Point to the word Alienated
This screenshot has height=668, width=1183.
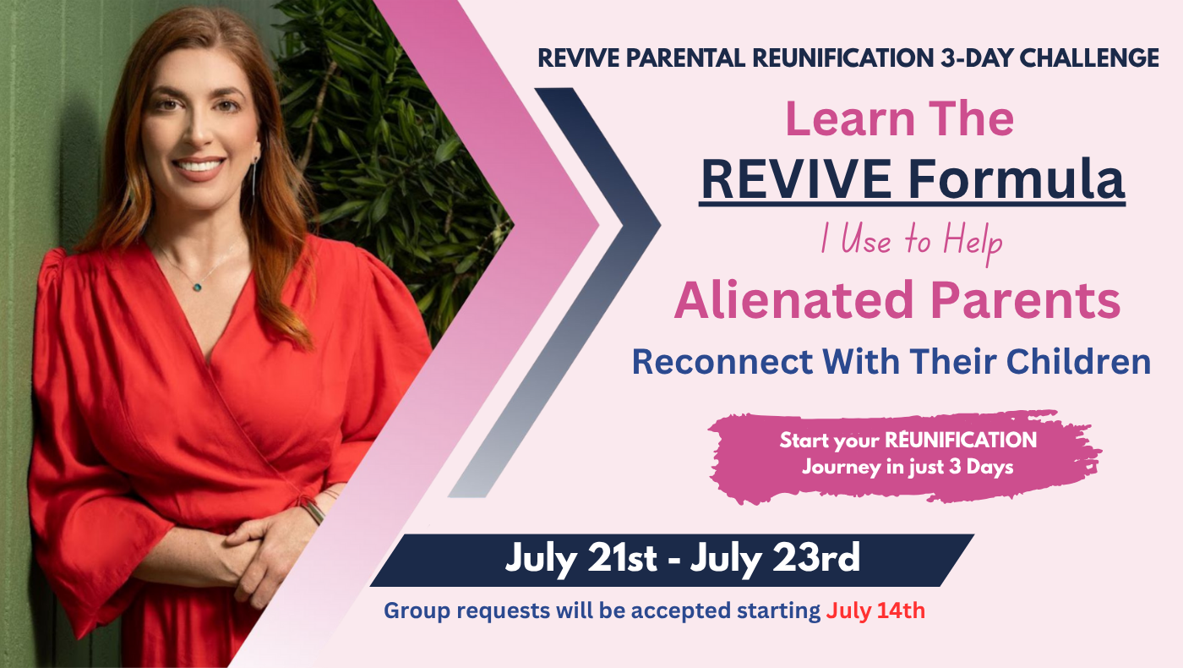click(x=793, y=299)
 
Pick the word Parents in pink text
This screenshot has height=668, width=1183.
click(x=1025, y=299)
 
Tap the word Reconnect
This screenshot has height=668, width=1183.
click(x=722, y=362)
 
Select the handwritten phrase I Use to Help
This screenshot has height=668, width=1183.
click(x=912, y=242)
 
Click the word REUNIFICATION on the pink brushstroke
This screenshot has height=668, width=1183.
click(x=961, y=440)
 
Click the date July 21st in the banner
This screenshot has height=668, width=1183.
click(x=581, y=559)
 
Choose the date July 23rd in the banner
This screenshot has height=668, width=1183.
click(x=775, y=559)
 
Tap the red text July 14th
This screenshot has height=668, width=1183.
click(x=875, y=611)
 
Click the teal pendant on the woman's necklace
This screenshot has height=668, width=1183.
click(x=198, y=287)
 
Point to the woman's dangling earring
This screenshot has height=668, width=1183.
click(x=255, y=176)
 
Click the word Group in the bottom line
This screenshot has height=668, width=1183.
click(x=417, y=611)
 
